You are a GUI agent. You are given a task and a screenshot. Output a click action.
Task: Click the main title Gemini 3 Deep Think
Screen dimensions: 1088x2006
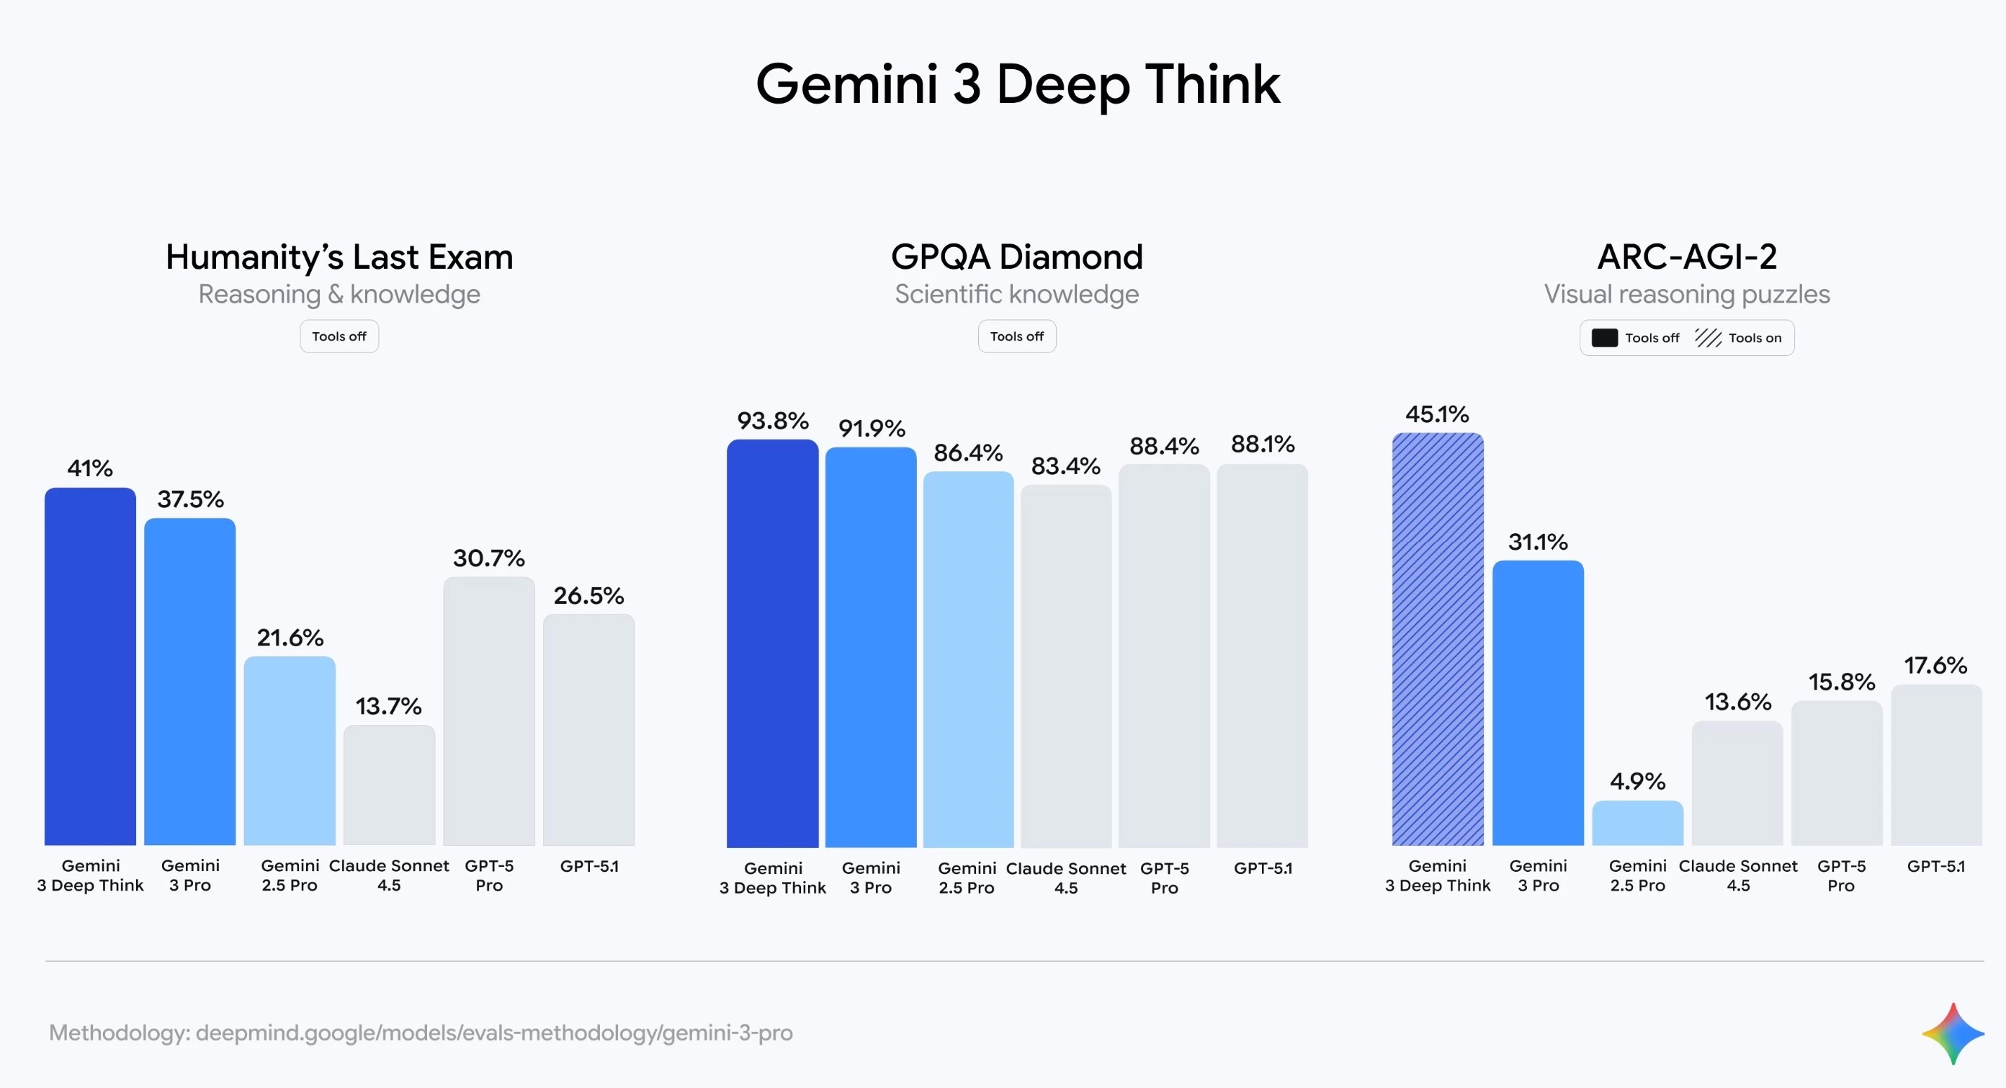click(1017, 84)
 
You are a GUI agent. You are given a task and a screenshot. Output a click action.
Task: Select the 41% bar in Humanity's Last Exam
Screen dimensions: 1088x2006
click(90, 666)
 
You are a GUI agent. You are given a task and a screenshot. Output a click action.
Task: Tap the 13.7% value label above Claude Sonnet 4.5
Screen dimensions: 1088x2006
click(388, 706)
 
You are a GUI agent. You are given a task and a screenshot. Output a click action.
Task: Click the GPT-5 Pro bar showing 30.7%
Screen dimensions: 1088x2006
click(489, 710)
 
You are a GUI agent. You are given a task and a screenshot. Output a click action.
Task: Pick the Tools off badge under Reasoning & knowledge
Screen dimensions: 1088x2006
click(339, 336)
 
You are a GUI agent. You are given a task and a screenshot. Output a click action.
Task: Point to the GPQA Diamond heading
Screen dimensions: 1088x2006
click(1017, 257)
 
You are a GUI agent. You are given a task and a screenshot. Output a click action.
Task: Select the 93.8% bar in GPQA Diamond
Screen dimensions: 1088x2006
click(772, 643)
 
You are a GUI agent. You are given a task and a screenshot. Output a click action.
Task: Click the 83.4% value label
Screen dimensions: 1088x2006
click(1065, 466)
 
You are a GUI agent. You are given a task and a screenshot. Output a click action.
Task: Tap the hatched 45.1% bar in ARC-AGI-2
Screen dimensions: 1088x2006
click(1438, 638)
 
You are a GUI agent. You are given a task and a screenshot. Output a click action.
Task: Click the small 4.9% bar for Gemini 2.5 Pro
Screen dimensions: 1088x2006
click(1638, 823)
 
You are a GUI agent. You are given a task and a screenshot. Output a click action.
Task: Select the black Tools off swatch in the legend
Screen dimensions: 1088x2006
click(1604, 338)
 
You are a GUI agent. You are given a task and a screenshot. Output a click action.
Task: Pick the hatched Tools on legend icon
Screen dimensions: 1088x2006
click(1708, 338)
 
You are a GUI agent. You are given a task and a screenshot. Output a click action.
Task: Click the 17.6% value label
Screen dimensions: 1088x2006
click(1935, 666)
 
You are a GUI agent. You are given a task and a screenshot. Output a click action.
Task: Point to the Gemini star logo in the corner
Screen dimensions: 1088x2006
click(1952, 1033)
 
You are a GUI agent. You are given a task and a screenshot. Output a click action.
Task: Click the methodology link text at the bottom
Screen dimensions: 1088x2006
click(421, 1033)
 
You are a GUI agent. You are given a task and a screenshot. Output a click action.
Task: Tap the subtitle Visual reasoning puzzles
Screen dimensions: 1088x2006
click(1687, 295)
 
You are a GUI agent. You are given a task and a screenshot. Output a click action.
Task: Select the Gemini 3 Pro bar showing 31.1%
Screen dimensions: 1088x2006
click(1538, 703)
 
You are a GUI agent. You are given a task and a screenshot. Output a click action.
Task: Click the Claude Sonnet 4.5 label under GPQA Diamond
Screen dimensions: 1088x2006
click(1065, 878)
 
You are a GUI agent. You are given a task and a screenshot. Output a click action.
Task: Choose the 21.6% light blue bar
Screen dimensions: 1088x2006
click(290, 750)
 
